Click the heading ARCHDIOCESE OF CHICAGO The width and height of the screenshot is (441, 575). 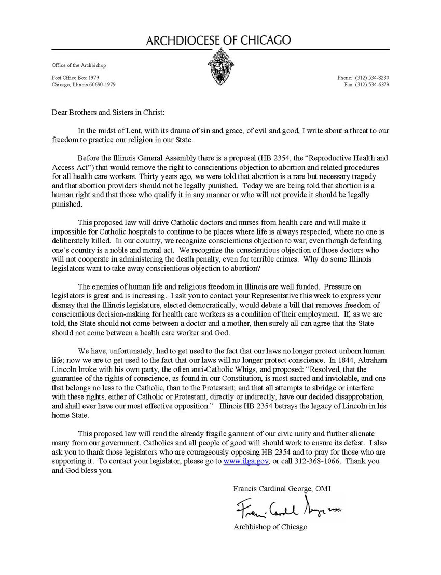(218, 40)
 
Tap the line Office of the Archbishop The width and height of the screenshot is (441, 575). (79, 65)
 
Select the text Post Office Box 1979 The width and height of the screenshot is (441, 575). (75, 78)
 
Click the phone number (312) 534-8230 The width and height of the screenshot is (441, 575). (372, 78)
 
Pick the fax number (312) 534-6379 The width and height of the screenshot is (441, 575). (372, 85)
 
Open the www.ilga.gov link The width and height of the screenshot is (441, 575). (246, 461)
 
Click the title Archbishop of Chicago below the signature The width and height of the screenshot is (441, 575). (270, 527)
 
